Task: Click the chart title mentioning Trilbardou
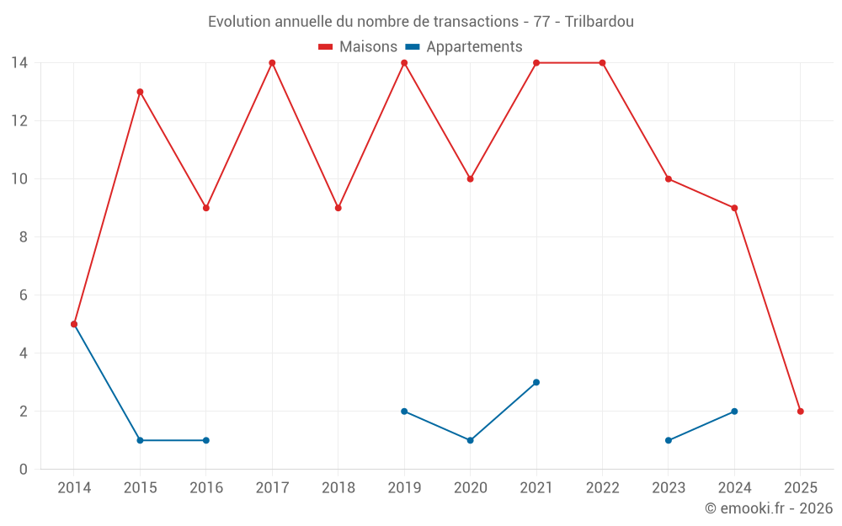pos(420,21)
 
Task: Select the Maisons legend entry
pos(358,47)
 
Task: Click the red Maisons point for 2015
pos(140,92)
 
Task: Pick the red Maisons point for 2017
pos(272,63)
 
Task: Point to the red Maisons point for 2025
pos(800,412)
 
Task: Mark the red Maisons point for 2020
pos(470,179)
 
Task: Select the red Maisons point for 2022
pos(602,63)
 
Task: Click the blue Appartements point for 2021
pos(536,382)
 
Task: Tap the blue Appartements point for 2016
pos(206,440)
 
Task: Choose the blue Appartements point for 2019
pos(404,412)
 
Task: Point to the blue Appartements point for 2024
pos(734,412)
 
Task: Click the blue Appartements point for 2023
pos(669,440)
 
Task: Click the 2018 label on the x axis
pos(338,488)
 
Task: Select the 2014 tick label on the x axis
pos(74,488)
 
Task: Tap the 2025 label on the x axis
pos(800,488)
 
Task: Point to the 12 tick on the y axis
pos(19,121)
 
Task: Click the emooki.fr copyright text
pos(769,508)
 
